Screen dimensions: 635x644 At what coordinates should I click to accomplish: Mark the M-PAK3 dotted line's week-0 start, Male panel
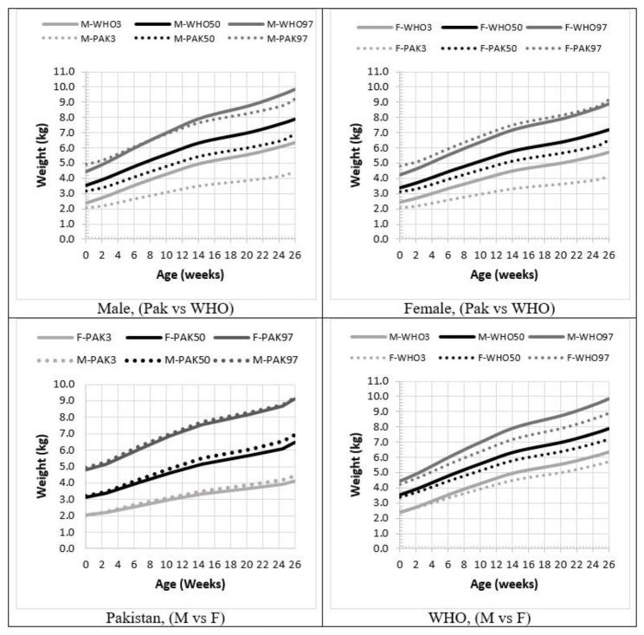(86, 208)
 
